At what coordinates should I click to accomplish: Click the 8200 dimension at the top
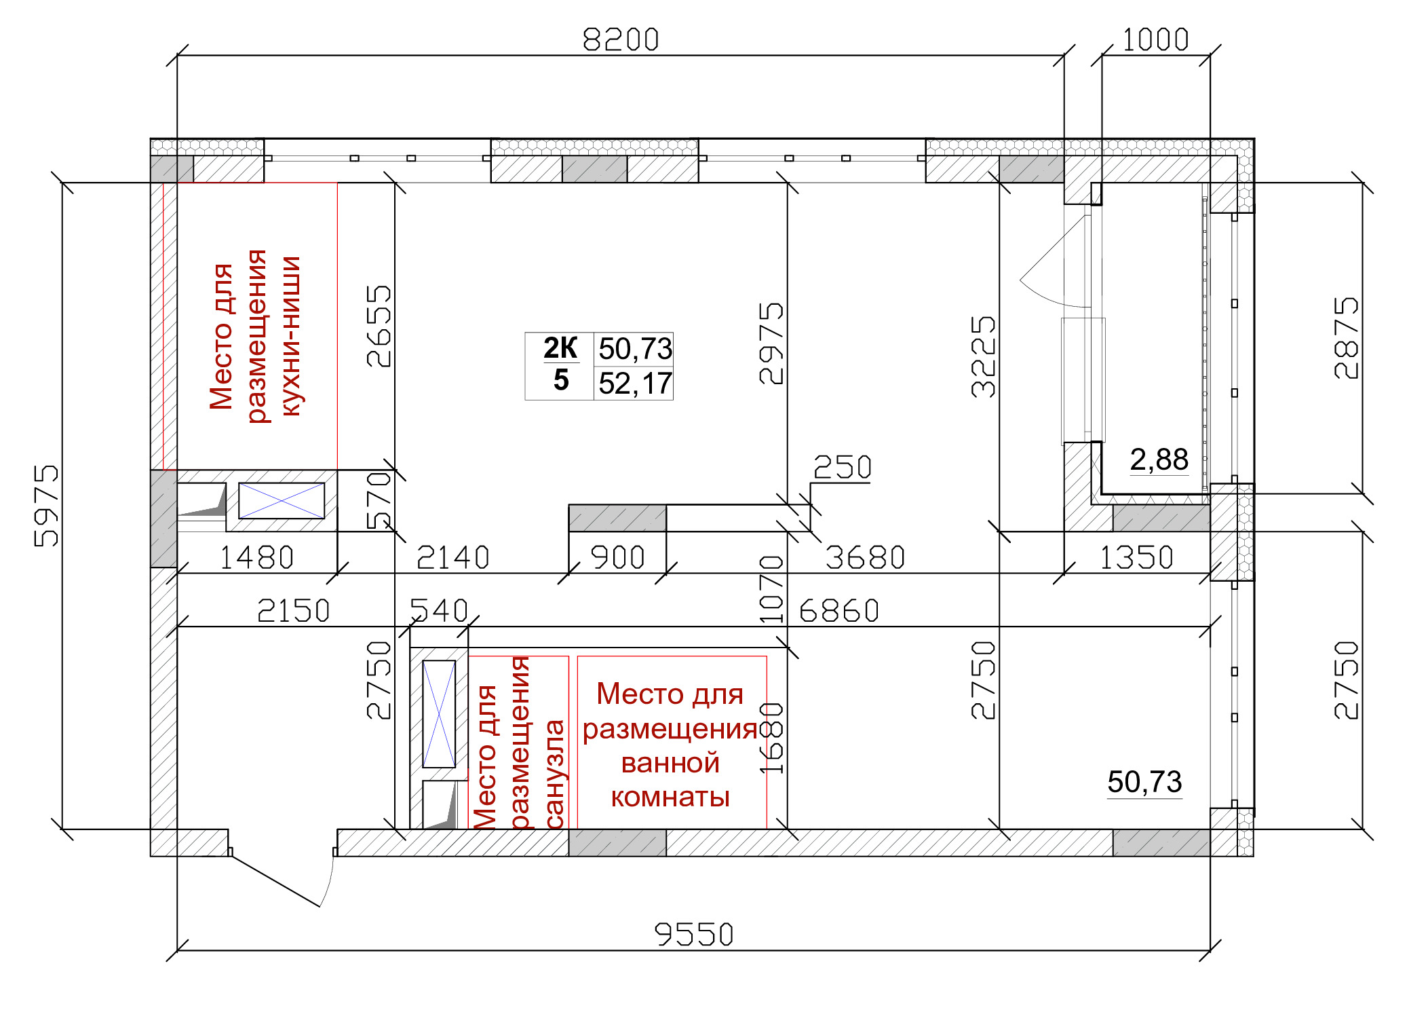621,39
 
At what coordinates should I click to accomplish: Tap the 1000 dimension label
1155,39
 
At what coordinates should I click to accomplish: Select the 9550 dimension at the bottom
694,935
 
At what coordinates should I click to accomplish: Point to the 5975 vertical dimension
46,506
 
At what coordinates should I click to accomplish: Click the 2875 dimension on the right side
1347,338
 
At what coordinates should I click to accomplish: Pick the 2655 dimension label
379,326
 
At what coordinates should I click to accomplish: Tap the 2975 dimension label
771,343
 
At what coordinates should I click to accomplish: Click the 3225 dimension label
983,356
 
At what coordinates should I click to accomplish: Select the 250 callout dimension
842,467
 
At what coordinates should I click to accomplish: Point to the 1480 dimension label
256,558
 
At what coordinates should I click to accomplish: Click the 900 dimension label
617,557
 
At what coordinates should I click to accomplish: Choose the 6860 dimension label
839,611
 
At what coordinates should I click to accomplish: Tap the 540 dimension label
439,611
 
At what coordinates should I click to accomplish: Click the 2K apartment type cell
560,348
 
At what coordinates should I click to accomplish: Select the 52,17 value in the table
635,384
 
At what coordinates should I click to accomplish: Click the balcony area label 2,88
1159,460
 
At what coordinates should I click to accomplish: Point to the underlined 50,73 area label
1145,782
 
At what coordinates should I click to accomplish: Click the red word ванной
670,763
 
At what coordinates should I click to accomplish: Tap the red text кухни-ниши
290,336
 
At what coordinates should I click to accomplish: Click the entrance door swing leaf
275,881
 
